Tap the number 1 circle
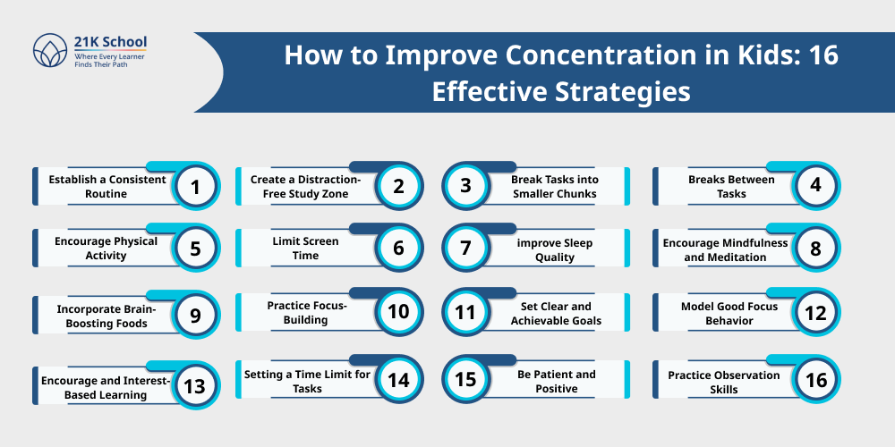(x=194, y=186)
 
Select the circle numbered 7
(x=465, y=249)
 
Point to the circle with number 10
(x=398, y=312)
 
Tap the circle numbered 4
(x=815, y=186)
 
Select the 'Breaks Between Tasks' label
(x=718, y=186)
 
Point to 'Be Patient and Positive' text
(x=556, y=381)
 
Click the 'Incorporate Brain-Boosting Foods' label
(x=101, y=316)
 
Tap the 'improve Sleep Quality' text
(x=555, y=249)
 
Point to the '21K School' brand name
(x=110, y=42)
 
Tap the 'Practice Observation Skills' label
(x=723, y=382)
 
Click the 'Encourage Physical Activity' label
(x=105, y=249)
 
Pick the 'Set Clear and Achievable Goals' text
(x=556, y=313)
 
